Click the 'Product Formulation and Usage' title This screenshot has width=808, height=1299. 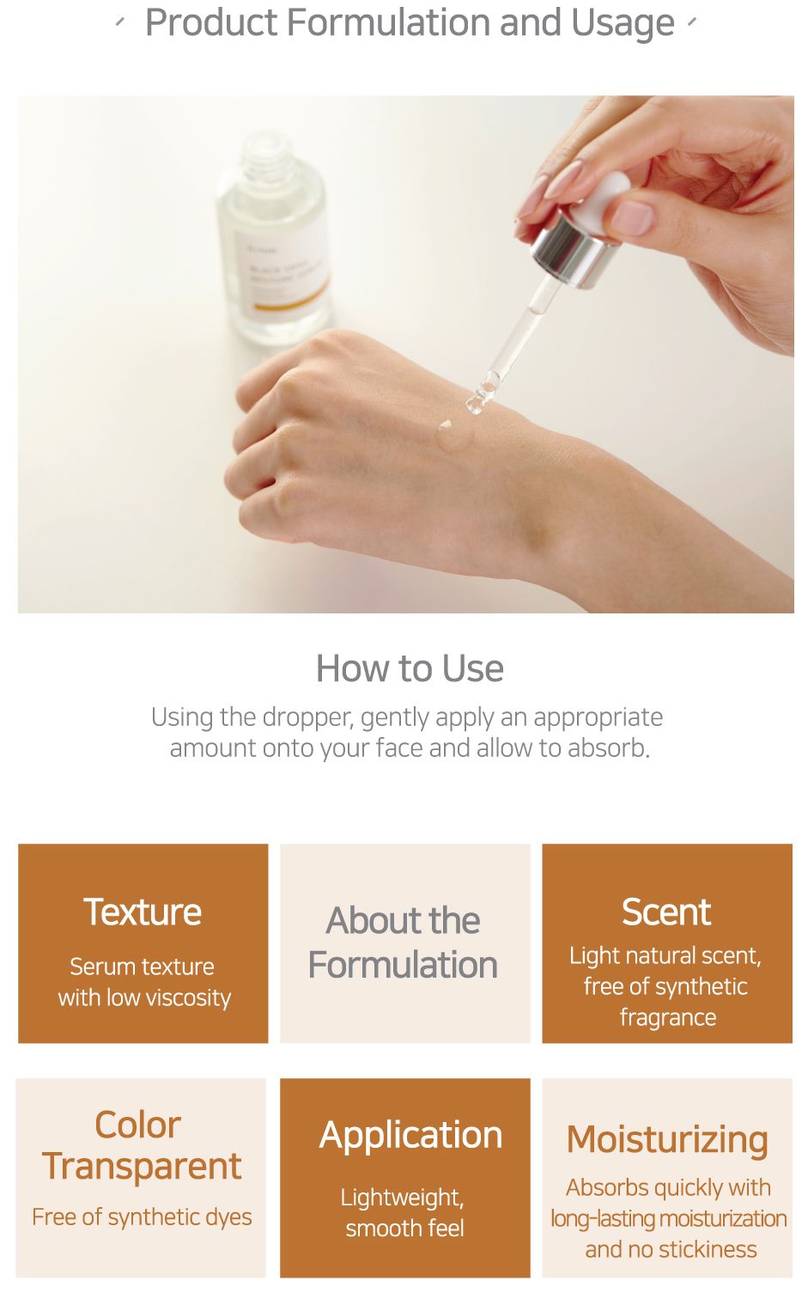point(410,22)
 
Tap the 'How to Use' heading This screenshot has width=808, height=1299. point(410,668)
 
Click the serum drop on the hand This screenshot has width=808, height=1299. point(453,435)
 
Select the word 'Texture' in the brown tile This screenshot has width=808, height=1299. point(143,912)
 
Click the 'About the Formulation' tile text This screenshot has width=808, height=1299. point(404,943)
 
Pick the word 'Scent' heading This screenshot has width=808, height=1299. point(666,912)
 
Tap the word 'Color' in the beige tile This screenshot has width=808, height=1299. point(138,1125)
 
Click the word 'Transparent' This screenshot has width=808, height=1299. point(142,1167)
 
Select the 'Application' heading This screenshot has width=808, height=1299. point(410,1137)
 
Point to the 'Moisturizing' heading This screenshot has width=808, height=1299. point(668,1140)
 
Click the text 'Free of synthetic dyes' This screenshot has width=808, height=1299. point(142,1217)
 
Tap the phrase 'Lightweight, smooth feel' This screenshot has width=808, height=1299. point(404,1212)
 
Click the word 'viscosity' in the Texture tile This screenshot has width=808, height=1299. point(188,998)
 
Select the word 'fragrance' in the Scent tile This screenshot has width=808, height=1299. point(668,1018)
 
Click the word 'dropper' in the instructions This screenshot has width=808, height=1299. point(307,718)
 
